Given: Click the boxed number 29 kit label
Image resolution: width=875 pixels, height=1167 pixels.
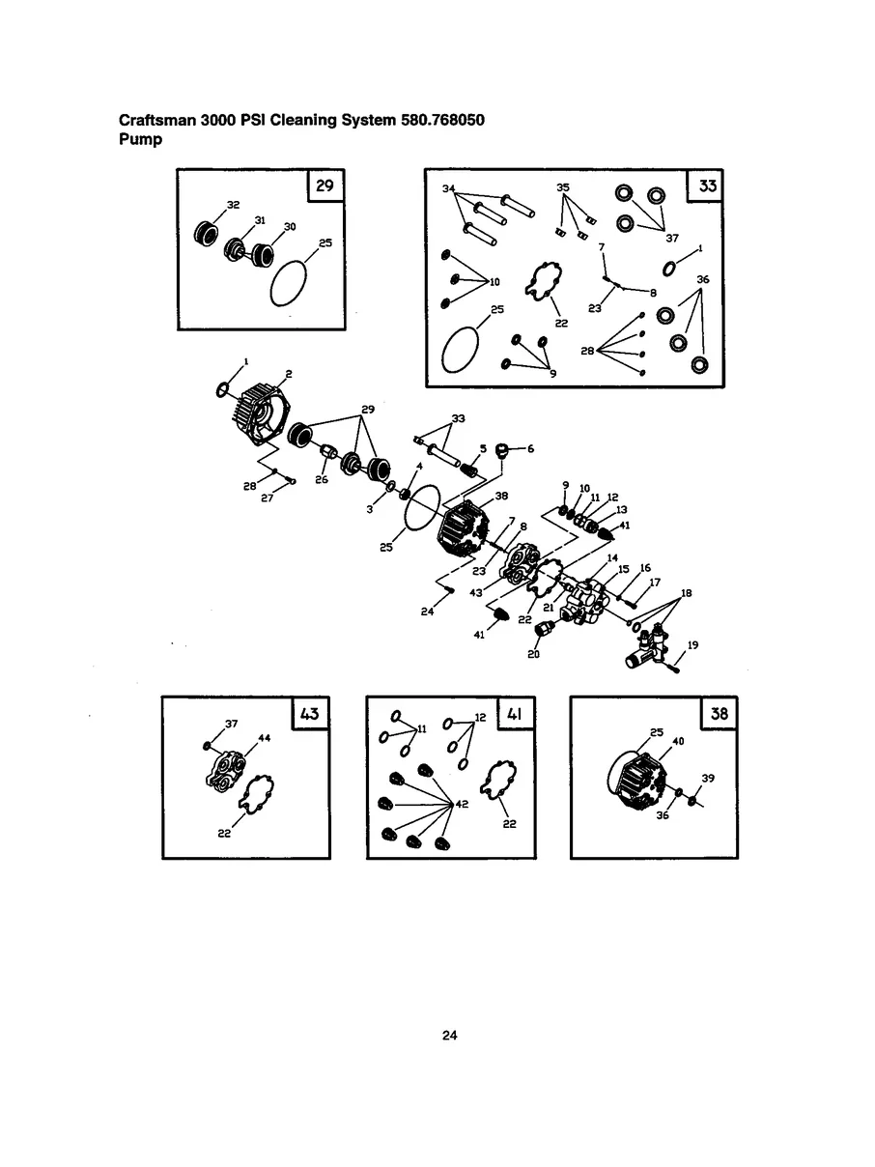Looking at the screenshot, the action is (325, 185).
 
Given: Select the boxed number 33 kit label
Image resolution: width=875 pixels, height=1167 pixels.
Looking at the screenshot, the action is (707, 185).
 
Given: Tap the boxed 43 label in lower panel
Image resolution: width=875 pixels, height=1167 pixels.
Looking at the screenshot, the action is (310, 713).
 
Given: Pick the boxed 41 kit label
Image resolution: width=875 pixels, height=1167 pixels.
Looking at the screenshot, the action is (514, 714).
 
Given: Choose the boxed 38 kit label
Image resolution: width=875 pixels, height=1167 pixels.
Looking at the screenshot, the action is (719, 714).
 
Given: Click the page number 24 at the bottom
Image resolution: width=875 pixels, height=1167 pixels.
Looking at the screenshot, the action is (449, 1036).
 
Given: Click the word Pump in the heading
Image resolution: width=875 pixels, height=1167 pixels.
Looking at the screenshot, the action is (140, 140).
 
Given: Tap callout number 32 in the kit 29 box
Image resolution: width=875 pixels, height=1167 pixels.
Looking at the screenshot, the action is (233, 205).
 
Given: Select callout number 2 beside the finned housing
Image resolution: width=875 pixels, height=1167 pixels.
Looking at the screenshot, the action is (289, 374).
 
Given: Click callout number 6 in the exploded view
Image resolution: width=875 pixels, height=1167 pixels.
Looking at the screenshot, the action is (530, 448).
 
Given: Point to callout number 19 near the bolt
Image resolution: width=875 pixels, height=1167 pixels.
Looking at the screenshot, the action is (692, 645).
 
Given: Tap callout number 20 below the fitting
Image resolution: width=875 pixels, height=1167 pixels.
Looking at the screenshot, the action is (533, 654).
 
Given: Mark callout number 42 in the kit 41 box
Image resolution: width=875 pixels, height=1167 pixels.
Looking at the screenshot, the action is (462, 804).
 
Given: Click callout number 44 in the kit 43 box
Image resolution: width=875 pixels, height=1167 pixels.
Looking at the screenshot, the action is (264, 738).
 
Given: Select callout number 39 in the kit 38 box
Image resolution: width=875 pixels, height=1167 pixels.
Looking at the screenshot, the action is (708, 779).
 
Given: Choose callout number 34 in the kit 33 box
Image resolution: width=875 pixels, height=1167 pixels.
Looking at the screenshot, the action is (449, 188).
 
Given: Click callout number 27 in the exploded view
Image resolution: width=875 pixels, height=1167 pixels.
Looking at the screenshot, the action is (267, 498).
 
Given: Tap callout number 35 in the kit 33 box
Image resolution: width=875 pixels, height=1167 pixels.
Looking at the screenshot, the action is (563, 187).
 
